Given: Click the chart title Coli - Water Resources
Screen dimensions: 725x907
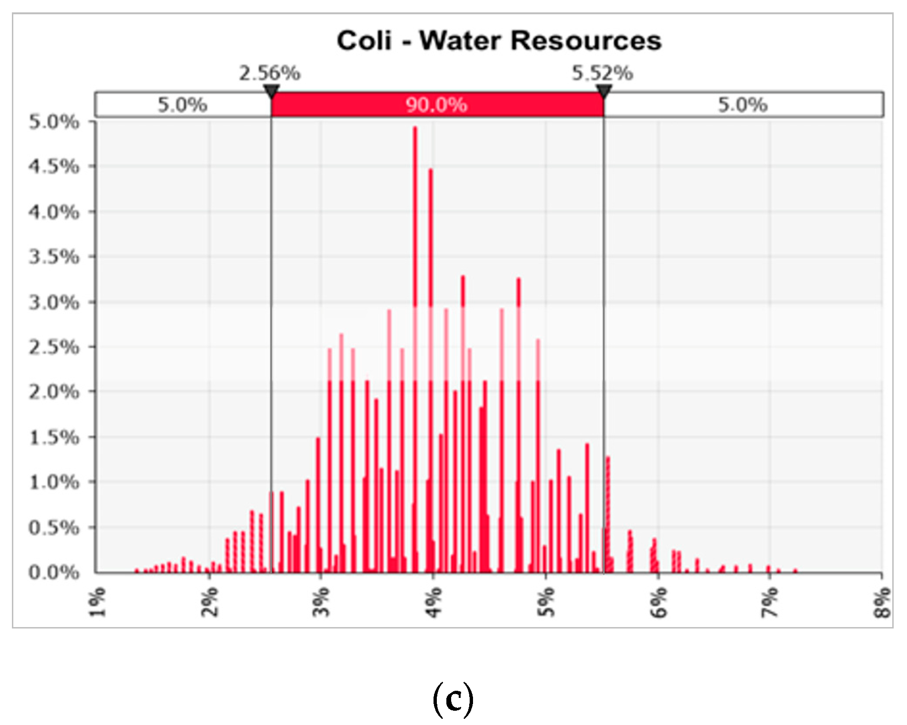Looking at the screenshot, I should pyautogui.click(x=499, y=40).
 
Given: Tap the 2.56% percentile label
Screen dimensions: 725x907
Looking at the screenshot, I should pyautogui.click(x=269, y=73).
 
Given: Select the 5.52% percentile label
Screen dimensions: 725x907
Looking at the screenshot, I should pyautogui.click(x=602, y=73).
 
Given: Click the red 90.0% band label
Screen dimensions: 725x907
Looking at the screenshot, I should pyautogui.click(x=436, y=105).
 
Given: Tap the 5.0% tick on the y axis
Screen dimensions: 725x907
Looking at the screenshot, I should pyautogui.click(x=54, y=122).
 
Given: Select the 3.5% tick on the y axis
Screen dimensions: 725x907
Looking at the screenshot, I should pyautogui.click(x=54, y=257).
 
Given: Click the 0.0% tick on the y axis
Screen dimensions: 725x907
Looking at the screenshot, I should pyautogui.click(x=54, y=572).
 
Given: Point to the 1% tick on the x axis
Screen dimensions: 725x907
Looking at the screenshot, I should pyautogui.click(x=98, y=601).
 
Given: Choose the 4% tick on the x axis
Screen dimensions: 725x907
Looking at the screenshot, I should pyautogui.click(x=433, y=601).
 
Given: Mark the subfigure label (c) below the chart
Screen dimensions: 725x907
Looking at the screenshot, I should pyautogui.click(x=453, y=699).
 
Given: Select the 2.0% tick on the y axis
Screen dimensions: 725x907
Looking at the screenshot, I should pyautogui.click(x=54, y=392).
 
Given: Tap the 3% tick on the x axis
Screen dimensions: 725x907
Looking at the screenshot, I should pyautogui.click(x=322, y=601).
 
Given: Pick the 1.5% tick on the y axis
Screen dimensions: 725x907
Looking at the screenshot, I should pyautogui.click(x=54, y=437).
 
